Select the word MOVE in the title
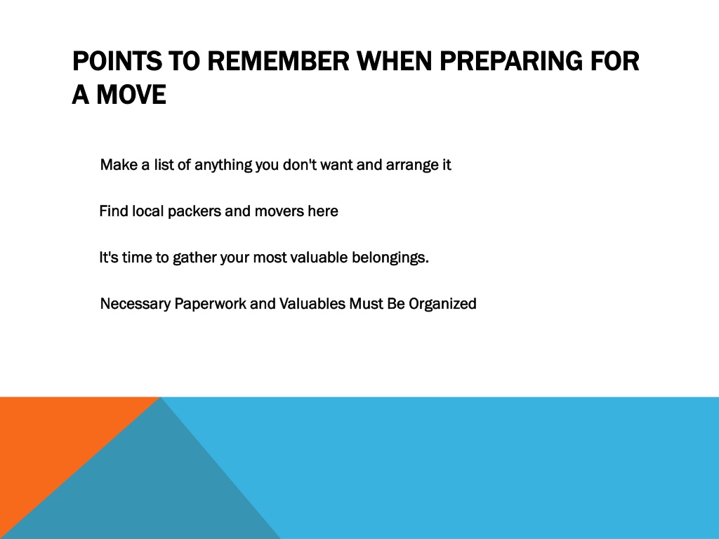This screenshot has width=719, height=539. coord(131,95)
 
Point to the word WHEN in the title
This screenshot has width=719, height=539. coord(395,61)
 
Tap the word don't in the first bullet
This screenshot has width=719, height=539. coord(299,164)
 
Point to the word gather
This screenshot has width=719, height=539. coord(194,258)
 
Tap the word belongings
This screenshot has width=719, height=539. coord(390,258)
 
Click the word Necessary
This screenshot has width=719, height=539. coord(136,304)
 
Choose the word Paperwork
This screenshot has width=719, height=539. coord(210,304)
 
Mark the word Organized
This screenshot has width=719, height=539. coord(442,304)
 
